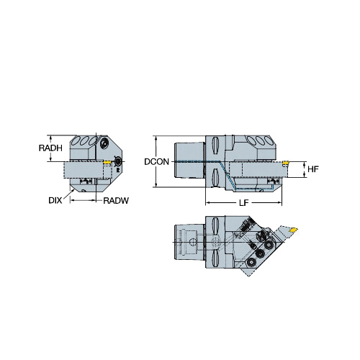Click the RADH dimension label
click(x=50, y=148)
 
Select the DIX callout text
click(x=55, y=200)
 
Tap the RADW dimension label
click(x=116, y=200)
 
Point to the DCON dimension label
click(x=156, y=162)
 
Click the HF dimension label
click(x=313, y=169)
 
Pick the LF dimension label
click(x=243, y=203)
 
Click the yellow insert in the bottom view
click(x=294, y=230)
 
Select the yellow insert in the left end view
click(x=107, y=162)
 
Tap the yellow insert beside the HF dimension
click(x=285, y=163)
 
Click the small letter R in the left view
click(x=117, y=170)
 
